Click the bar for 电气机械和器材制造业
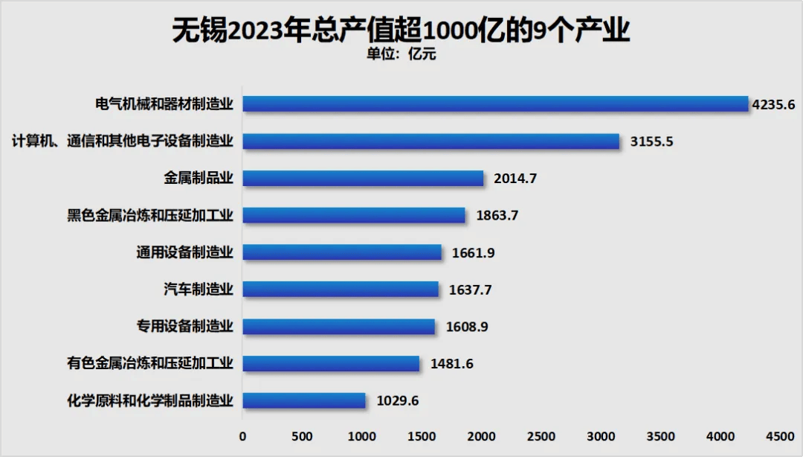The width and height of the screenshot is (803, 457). tap(495, 104)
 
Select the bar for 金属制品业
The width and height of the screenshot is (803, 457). tap(363, 179)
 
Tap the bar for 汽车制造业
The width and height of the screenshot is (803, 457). tap(341, 290)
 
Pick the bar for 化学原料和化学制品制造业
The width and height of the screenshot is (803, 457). tap(304, 400)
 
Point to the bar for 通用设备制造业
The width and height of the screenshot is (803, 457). tap(342, 252)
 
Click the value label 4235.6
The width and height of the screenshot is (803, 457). tap(773, 104)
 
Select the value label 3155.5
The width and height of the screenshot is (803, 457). tap(651, 141)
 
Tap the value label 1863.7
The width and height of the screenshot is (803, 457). tap(497, 216)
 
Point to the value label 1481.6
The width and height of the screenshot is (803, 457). tap(451, 364)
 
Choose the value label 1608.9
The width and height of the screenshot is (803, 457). tap(466, 327)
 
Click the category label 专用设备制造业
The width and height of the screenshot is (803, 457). tap(185, 327)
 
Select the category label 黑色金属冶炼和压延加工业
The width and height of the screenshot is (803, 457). tap(150, 216)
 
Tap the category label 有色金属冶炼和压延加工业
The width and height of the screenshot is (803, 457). tap(150, 364)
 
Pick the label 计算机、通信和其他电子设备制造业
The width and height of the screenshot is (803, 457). tap(123, 141)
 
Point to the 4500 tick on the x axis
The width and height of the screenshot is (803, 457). tap(780, 435)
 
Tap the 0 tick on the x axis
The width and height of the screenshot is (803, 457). tap(242, 435)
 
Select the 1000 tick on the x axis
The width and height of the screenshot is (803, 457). tap(362, 435)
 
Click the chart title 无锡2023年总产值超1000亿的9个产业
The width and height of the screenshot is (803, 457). tap(401, 30)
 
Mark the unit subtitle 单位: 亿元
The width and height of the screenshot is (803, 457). tap(401, 54)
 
